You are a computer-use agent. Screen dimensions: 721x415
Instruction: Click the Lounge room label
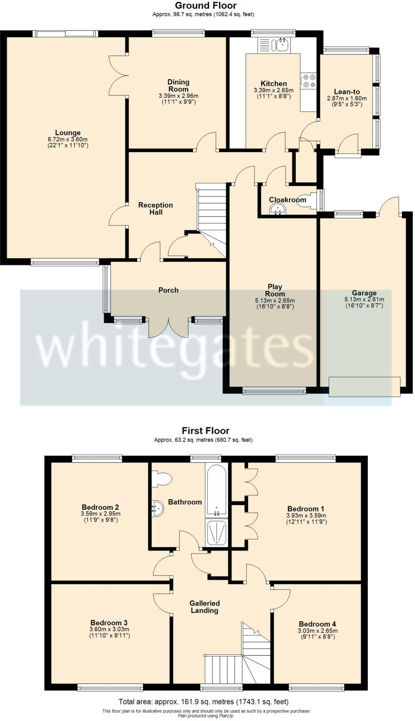coord(68,133)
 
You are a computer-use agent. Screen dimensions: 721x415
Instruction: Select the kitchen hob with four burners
coord(308,81)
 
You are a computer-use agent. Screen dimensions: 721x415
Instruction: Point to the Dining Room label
coord(178,86)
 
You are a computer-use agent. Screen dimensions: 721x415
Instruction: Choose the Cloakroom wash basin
coord(278,210)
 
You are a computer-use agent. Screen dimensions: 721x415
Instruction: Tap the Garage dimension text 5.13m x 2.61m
coord(364,300)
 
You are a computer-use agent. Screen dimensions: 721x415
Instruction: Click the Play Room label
coord(275,290)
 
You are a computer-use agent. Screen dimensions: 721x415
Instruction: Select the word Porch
coord(168,290)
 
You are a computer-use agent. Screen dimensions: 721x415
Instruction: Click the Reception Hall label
coord(156,208)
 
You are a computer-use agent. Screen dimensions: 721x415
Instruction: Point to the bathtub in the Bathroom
coord(216,490)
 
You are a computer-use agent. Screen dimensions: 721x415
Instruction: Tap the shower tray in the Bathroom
coord(216,532)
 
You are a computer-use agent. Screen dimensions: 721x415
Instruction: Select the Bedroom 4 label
coord(317,624)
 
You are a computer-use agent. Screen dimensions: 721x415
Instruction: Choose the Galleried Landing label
coord(205,607)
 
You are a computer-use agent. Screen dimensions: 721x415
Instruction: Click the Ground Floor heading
coord(206,5)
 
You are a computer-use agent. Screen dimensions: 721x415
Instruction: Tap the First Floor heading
coord(206,431)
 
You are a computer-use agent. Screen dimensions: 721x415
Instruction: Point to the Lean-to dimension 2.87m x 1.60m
coord(347,98)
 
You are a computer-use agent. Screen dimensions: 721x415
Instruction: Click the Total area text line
coord(203,702)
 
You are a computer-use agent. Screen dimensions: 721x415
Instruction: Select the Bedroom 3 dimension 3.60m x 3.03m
coord(109,629)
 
